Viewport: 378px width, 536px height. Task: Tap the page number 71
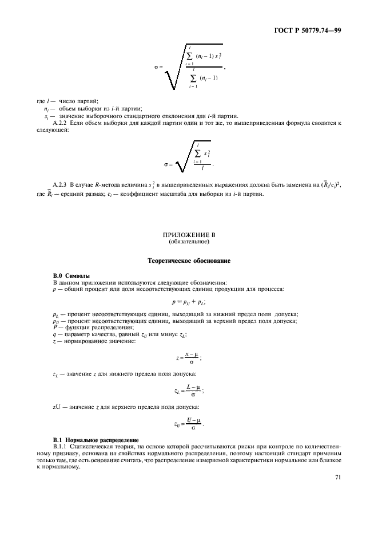(338, 479)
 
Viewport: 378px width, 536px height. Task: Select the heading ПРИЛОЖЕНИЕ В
(189, 235)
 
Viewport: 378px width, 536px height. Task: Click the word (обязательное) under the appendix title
(189, 241)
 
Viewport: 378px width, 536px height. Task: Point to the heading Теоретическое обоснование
(189, 261)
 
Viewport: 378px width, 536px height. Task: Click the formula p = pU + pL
(188, 301)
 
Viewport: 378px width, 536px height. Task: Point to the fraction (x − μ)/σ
(192, 358)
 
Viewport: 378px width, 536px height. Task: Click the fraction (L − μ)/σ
(193, 391)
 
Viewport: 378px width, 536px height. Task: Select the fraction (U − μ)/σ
(193, 424)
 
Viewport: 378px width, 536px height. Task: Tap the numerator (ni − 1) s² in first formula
(208, 56)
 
